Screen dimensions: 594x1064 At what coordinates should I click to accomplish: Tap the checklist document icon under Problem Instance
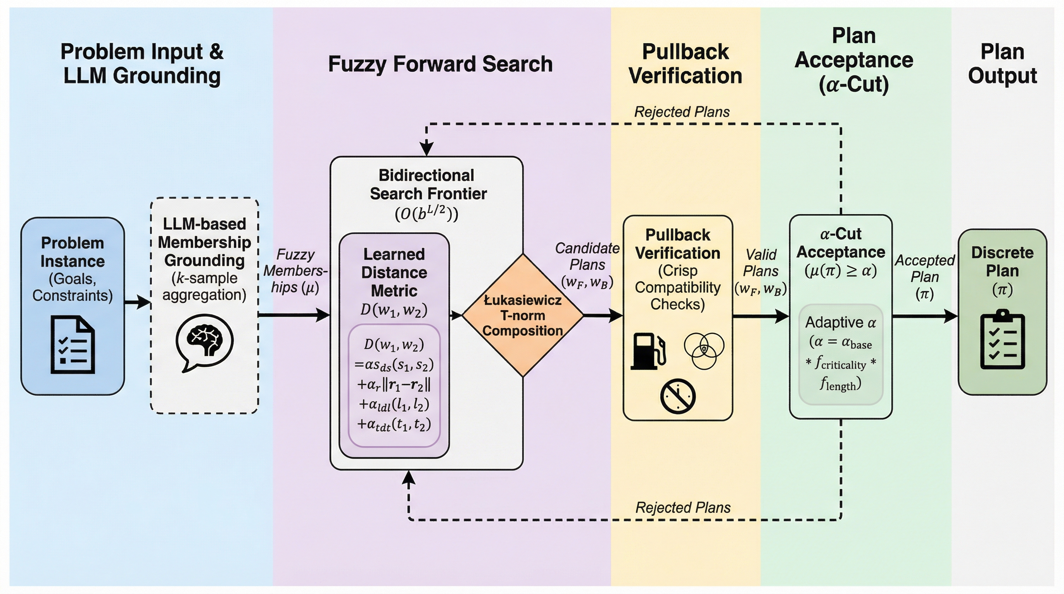coord(73,345)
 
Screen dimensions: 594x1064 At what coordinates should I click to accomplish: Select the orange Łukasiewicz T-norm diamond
coord(522,315)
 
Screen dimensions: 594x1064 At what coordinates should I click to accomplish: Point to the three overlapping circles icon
coord(704,350)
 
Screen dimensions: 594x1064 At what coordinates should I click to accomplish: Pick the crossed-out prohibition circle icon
coord(678,396)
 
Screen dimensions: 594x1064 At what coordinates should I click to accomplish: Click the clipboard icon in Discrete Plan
coord(1003,340)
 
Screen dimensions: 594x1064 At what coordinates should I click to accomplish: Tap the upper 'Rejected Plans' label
coord(682,112)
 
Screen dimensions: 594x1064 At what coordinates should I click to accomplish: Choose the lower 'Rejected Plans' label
coord(683,507)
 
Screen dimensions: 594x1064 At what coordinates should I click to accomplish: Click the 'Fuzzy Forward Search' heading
coord(440,64)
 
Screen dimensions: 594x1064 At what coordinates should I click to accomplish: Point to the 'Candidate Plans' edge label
coord(587,265)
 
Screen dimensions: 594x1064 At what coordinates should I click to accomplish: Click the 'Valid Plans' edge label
coord(761,271)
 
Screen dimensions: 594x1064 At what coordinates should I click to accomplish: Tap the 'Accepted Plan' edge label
coord(924,277)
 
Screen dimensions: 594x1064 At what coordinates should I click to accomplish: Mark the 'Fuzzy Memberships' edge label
coord(295,271)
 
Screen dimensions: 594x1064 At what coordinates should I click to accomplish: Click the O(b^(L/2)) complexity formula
coord(427,213)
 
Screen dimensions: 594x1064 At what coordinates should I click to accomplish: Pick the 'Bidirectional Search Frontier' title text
coord(427,184)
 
